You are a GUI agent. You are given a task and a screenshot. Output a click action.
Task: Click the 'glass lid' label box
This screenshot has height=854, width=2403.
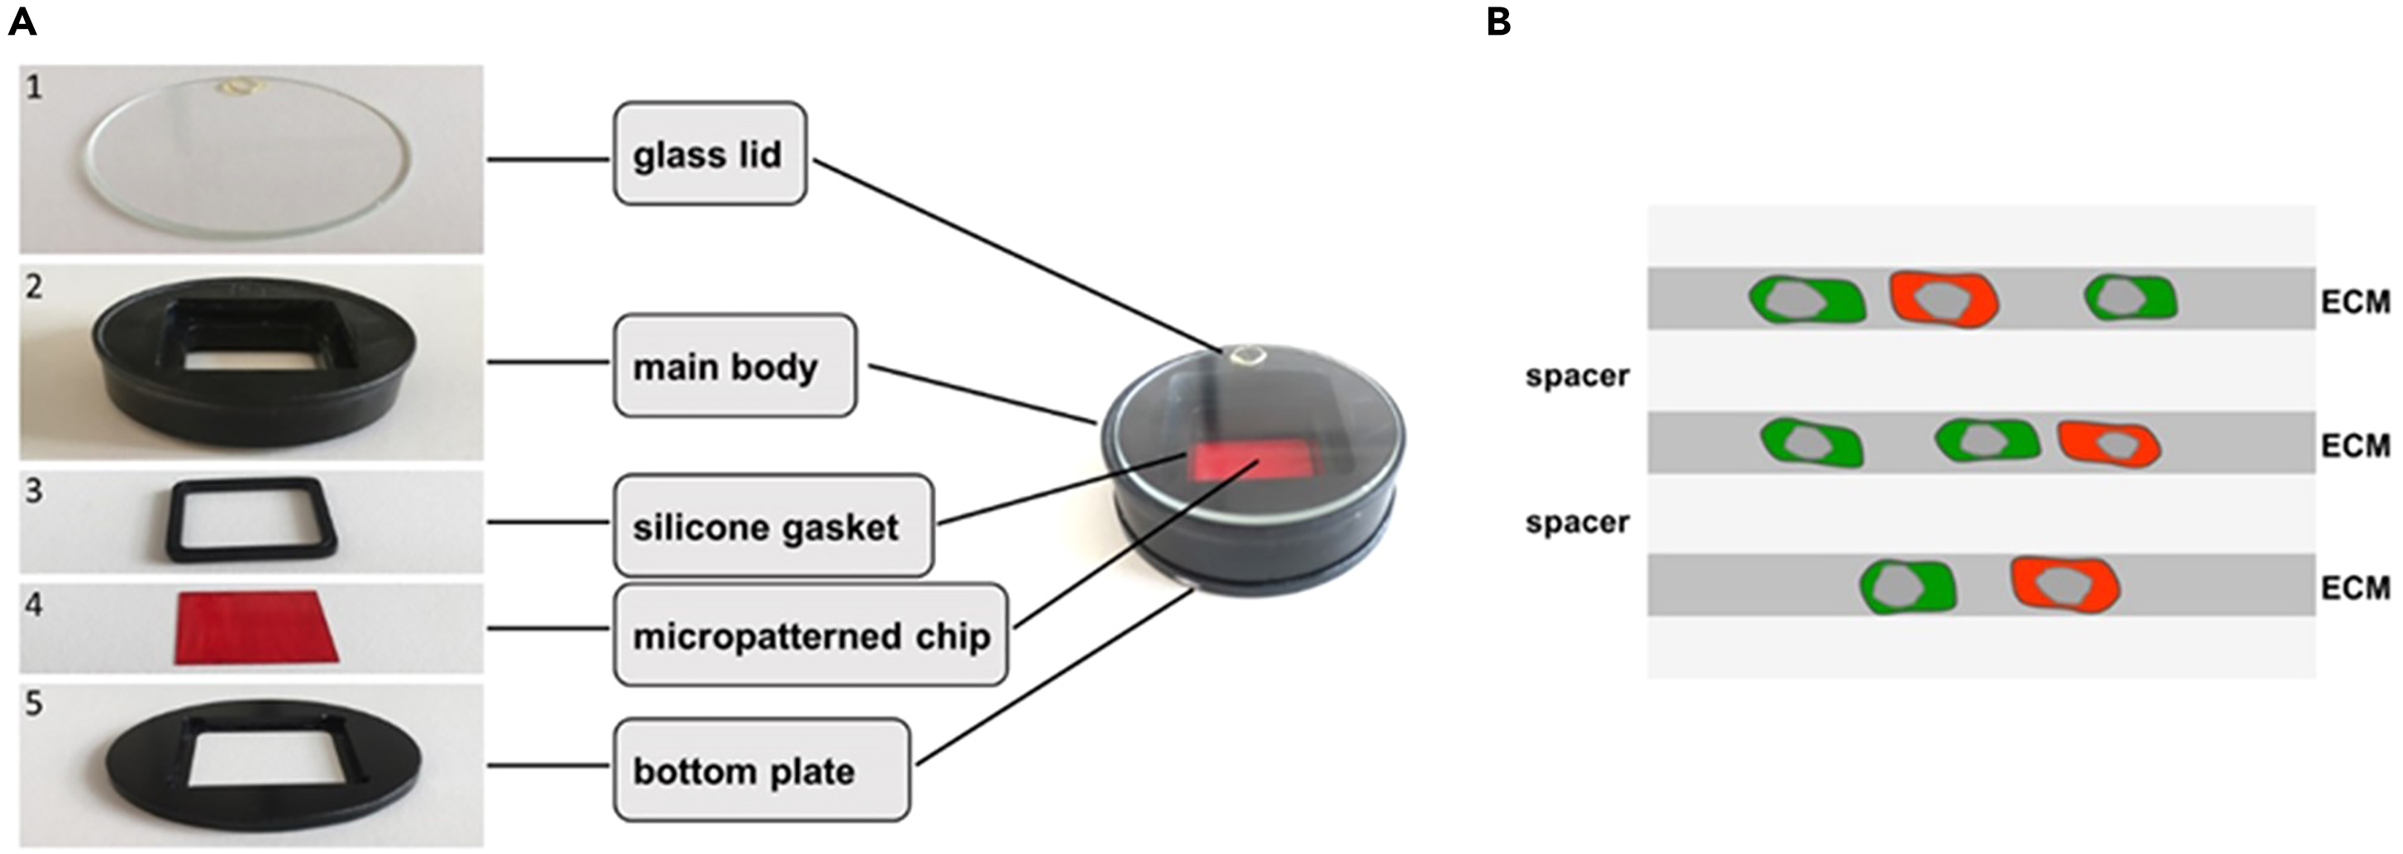pyautogui.click(x=709, y=154)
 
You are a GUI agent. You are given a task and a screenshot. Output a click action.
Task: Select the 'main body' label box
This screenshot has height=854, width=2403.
pyautogui.click(x=734, y=366)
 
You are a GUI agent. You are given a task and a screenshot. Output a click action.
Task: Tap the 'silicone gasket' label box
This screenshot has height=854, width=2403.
pyautogui.click(x=772, y=526)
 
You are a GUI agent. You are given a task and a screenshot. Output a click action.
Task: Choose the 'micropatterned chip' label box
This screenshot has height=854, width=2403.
pyautogui.click(x=810, y=636)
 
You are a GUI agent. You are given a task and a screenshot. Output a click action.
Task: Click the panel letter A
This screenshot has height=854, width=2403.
pyautogui.click(x=21, y=21)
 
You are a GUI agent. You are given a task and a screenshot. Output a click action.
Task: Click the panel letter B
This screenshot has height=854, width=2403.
pyautogui.click(x=1498, y=21)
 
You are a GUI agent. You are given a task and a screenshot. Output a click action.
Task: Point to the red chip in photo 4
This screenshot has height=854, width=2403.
pyautogui.click(x=254, y=627)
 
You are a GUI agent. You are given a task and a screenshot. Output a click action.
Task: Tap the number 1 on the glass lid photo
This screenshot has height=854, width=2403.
pyautogui.click(x=34, y=88)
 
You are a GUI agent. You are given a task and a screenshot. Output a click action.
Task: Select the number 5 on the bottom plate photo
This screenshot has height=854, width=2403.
pyautogui.click(x=34, y=703)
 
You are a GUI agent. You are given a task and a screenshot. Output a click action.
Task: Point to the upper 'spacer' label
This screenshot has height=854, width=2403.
pyautogui.click(x=1576, y=375)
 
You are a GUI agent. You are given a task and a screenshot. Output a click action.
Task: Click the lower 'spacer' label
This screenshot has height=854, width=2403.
pyautogui.click(x=1576, y=521)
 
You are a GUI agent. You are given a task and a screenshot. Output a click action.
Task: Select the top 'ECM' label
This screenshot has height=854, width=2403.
pyautogui.click(x=2354, y=302)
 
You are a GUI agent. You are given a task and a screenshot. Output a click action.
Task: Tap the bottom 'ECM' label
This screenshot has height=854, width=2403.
pyautogui.click(x=2354, y=588)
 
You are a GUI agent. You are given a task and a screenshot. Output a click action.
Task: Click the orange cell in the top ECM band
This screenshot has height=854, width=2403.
pyautogui.click(x=1944, y=299)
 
